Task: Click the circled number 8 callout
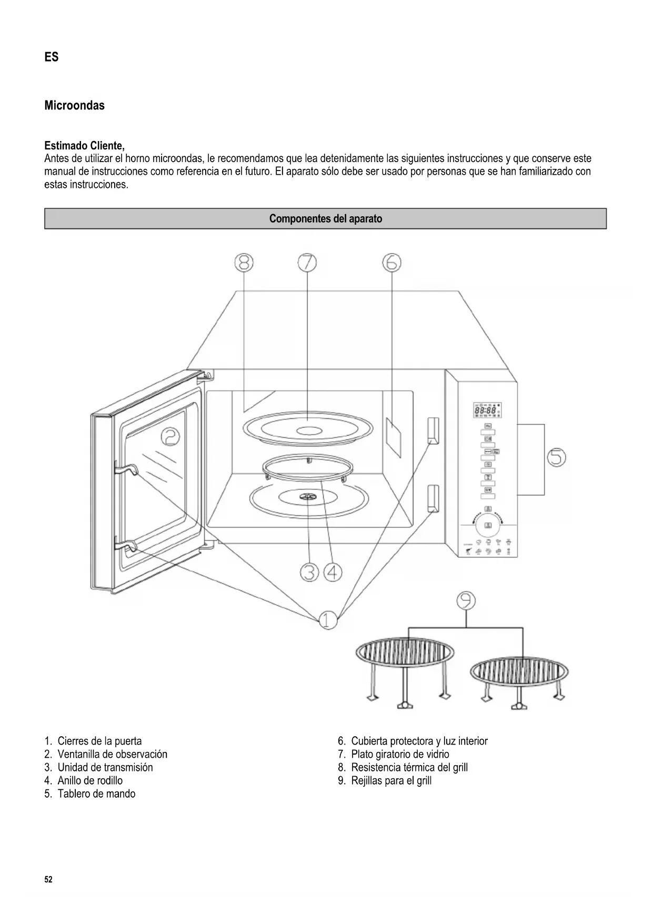click(244, 262)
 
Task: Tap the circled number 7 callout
click(307, 262)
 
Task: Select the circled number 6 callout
click(391, 262)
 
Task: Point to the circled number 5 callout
click(556, 457)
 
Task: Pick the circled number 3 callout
click(310, 572)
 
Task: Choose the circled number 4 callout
click(333, 572)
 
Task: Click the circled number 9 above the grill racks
click(466, 600)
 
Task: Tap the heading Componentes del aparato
click(325, 219)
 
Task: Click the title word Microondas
click(74, 105)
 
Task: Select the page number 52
click(48, 880)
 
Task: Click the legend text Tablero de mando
click(96, 794)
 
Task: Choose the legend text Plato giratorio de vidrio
click(400, 754)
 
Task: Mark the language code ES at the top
click(51, 57)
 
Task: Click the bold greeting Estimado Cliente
click(84, 145)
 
